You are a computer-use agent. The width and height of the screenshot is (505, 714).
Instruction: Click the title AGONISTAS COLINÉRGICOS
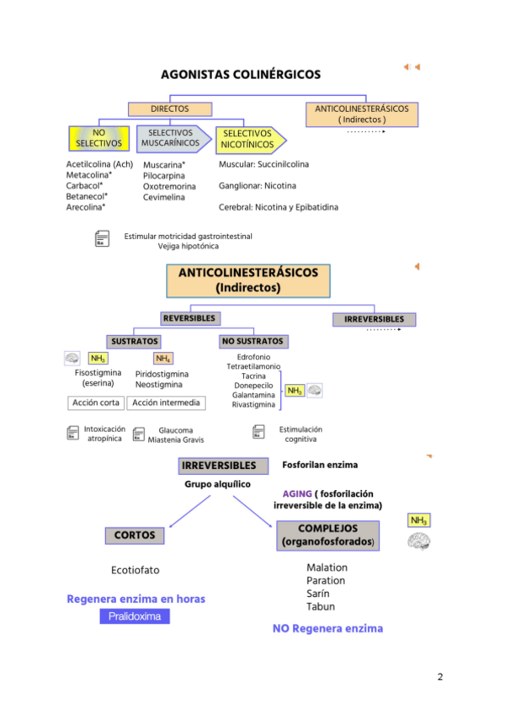pyautogui.click(x=241, y=74)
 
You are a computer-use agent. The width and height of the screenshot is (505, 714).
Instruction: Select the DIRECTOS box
pyautogui.click(x=169, y=109)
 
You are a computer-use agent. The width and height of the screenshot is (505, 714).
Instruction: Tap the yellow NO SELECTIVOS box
pyautogui.click(x=98, y=138)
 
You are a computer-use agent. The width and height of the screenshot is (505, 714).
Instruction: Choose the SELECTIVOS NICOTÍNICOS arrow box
pyautogui.click(x=247, y=139)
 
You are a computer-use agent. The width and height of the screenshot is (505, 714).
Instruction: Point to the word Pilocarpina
pyautogui.click(x=164, y=176)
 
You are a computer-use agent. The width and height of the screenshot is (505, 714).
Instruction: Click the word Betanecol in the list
pyautogui.click(x=85, y=196)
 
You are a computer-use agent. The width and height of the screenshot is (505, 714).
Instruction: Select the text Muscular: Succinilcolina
pyautogui.click(x=263, y=164)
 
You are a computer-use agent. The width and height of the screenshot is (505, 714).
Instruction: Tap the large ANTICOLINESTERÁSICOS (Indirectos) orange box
pyautogui.click(x=248, y=280)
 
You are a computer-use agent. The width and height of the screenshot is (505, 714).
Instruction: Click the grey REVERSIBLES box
pyautogui.click(x=190, y=319)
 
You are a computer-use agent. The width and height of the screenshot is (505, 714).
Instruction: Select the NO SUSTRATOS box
pyautogui.click(x=253, y=342)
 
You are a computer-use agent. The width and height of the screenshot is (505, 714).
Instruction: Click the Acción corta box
pyautogui.click(x=96, y=402)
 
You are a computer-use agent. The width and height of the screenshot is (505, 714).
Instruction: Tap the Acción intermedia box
pyautogui.click(x=166, y=402)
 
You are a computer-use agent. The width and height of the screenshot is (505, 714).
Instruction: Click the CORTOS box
pyautogui.click(x=135, y=535)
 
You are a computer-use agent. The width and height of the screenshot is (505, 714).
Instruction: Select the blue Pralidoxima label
pyautogui.click(x=135, y=616)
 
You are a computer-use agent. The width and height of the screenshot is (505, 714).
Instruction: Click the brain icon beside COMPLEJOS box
pyautogui.click(x=419, y=542)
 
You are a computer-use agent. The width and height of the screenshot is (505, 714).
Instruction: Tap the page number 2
pyautogui.click(x=439, y=676)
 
